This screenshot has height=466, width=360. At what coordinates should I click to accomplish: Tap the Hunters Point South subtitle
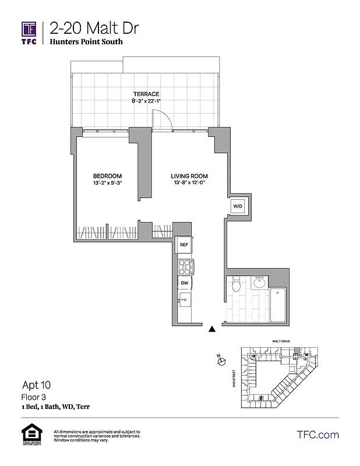click(86, 42)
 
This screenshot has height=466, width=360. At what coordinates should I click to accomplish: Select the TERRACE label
click(146, 94)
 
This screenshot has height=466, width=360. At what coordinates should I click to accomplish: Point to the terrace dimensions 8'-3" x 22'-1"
click(146, 101)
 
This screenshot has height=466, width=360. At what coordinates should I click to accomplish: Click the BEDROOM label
click(107, 176)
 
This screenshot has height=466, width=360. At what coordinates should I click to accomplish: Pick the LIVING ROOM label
click(189, 176)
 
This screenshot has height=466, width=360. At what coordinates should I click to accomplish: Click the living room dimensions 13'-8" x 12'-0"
click(189, 183)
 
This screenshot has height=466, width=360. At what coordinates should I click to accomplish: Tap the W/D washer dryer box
click(238, 206)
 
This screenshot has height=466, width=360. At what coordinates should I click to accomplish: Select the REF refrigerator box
click(183, 245)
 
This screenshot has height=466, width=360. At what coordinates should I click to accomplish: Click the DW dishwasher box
click(183, 283)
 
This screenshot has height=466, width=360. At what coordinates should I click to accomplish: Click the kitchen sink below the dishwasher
click(184, 301)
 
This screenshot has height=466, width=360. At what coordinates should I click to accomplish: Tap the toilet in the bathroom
click(236, 286)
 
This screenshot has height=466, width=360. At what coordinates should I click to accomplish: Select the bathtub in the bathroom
click(278, 306)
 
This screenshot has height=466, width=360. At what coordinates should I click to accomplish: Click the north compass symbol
click(221, 362)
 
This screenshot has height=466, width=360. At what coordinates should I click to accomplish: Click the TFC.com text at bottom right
click(317, 435)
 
